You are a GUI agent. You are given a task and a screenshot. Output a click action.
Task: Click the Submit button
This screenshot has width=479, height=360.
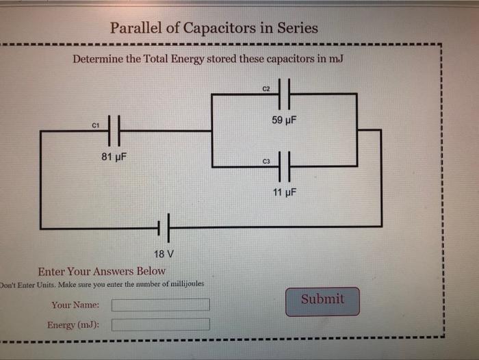point(322,300)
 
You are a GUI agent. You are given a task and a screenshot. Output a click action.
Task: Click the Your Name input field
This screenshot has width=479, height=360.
point(161,305)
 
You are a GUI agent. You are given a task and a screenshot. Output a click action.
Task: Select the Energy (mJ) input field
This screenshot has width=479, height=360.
point(161,324)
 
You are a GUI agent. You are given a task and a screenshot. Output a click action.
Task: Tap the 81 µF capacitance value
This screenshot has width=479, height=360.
point(114,157)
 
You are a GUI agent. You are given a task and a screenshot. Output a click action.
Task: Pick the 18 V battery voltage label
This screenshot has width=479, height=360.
point(164,254)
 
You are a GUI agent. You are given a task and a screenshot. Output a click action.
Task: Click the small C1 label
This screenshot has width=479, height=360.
point(96,125)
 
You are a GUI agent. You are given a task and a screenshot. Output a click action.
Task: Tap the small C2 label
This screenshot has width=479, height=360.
point(267,90)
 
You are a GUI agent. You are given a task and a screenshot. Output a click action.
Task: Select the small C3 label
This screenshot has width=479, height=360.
point(267,162)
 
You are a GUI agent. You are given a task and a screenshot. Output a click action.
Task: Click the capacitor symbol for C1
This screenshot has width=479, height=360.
point(115,129)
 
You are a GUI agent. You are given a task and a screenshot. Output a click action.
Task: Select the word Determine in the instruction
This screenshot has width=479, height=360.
point(97,59)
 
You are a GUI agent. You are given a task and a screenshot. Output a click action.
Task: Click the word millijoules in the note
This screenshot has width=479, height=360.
point(181,283)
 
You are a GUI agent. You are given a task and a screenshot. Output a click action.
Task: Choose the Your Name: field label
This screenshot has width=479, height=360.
point(75,305)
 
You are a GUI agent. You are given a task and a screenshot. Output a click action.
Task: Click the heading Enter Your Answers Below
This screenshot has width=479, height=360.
point(102,271)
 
